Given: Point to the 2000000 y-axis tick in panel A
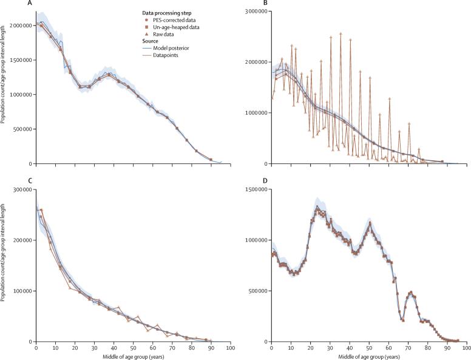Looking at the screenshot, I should [x=19, y=25].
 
